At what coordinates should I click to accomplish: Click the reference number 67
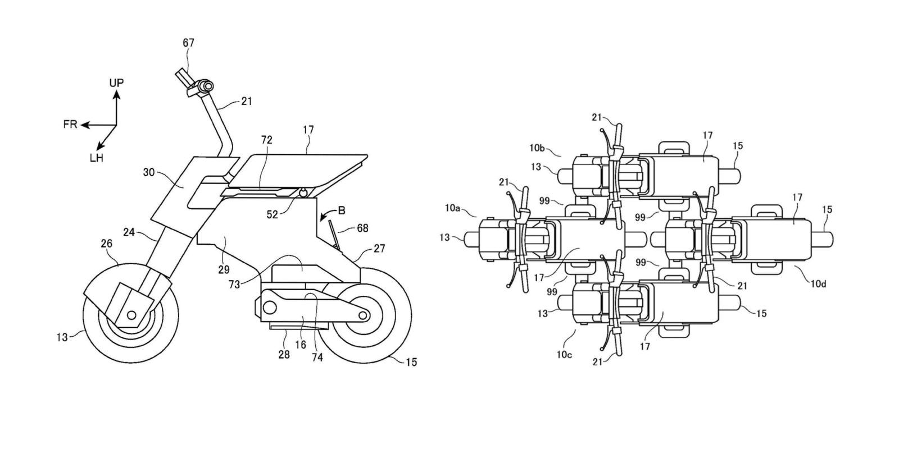coord(189,42)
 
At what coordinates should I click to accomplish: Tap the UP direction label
coord(116,83)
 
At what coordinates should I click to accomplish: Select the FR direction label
coord(70,125)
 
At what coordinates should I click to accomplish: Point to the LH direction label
coord(96,158)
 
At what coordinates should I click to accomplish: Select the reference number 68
coord(363,228)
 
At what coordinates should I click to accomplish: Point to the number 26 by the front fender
coord(106,244)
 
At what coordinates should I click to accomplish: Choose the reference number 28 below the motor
coord(284,354)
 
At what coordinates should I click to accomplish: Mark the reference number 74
coord(317,357)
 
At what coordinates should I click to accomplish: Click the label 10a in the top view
coord(453,208)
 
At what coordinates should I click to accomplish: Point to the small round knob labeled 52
coord(304,193)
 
